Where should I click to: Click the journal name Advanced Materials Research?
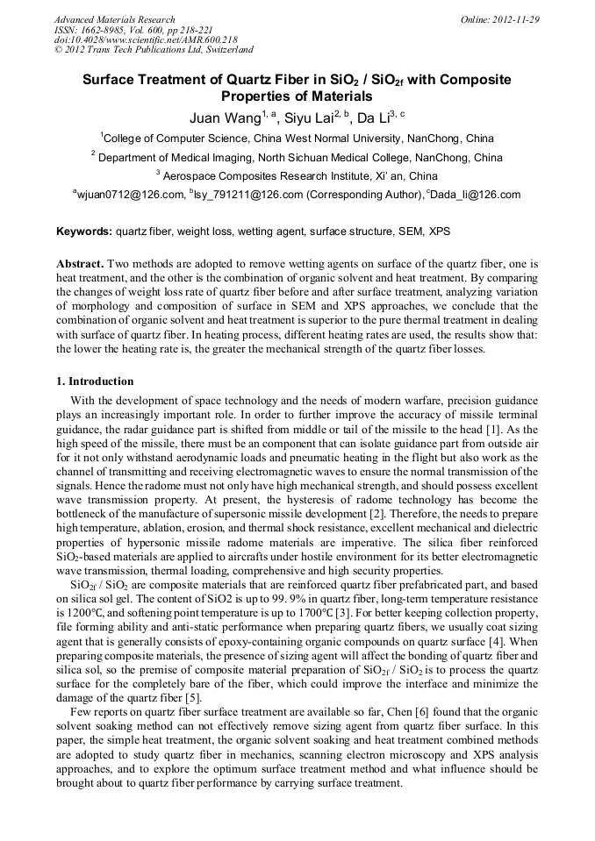[x=114, y=19]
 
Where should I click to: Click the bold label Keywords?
[x=83, y=232]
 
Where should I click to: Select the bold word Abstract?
[x=81, y=264]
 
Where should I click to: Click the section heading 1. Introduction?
[x=95, y=381]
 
